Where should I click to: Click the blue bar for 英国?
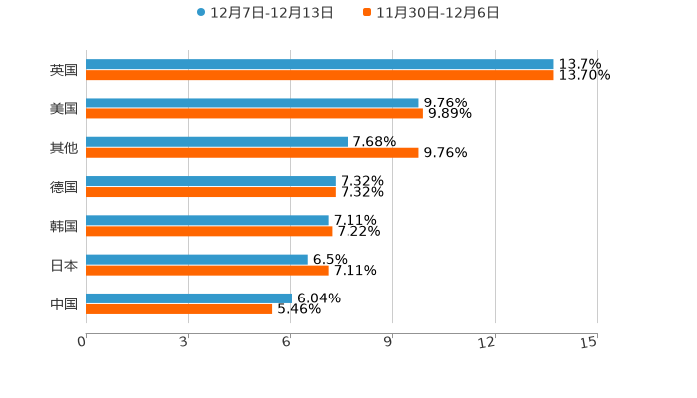319,64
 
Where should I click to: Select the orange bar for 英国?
319,75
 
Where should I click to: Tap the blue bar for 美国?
252,102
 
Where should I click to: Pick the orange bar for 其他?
252,153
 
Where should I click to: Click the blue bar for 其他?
217,142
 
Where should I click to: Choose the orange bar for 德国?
210,192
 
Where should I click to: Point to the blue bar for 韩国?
207,220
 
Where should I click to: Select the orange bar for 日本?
207,270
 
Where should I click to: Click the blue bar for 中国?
188,298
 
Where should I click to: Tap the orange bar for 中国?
179,308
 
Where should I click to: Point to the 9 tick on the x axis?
389,342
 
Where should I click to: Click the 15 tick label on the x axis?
589,342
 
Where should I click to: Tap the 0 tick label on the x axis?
83,342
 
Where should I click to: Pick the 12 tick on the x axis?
487,342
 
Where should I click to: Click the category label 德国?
64,187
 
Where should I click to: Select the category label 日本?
64,265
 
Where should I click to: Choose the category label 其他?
64,148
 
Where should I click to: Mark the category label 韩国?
64,226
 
